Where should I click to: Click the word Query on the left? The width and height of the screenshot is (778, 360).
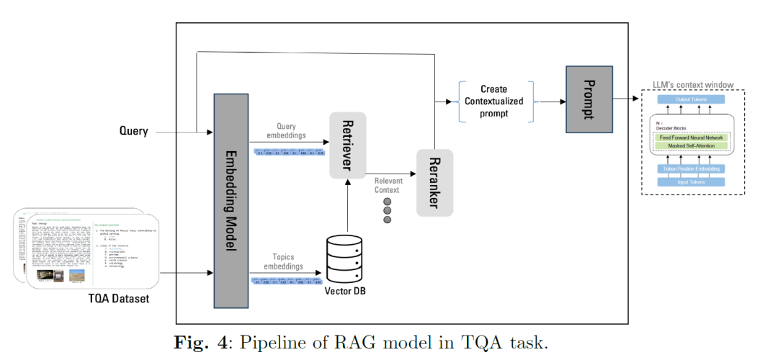(x=133, y=131)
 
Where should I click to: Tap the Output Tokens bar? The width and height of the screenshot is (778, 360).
(x=690, y=99)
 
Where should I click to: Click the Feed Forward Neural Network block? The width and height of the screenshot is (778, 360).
(x=691, y=137)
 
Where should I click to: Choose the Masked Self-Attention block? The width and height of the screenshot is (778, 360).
(x=691, y=146)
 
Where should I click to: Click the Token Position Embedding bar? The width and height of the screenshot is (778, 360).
(x=690, y=168)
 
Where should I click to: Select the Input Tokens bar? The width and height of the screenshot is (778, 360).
(x=690, y=182)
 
